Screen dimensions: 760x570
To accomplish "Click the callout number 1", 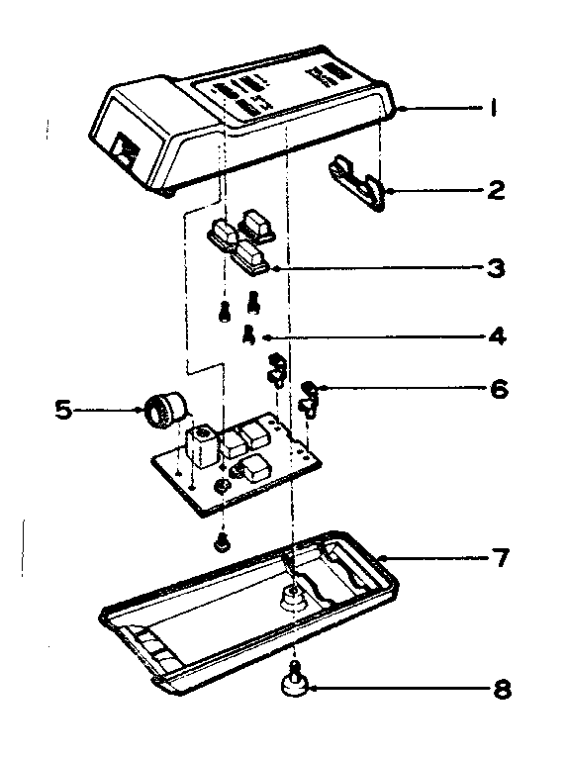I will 492,110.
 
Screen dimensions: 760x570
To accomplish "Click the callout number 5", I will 63,408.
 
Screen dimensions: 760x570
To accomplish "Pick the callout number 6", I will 497,389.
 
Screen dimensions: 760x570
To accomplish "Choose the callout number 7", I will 501,559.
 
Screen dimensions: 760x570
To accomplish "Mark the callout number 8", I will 501,688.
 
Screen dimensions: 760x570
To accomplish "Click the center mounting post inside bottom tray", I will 292,597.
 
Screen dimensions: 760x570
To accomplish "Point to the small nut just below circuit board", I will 224,541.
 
